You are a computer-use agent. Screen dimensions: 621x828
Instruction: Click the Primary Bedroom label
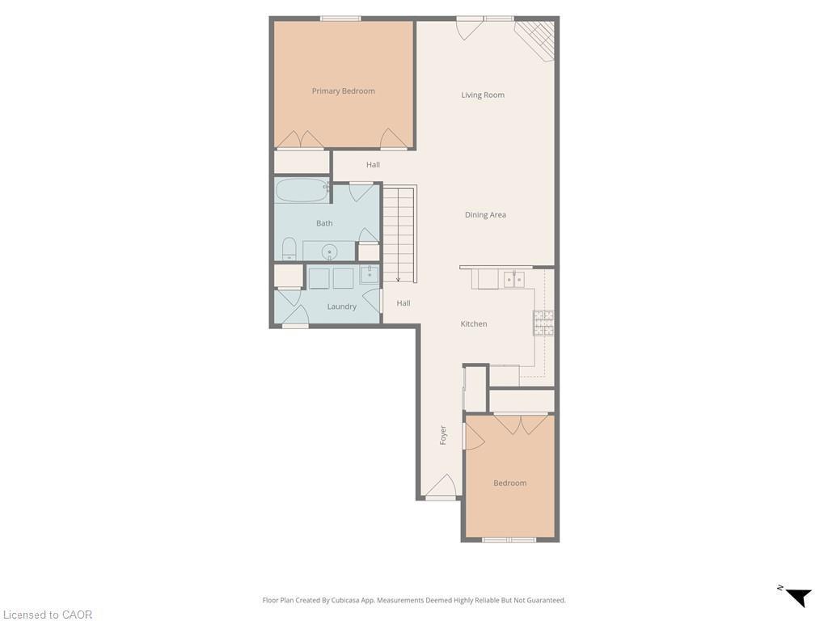pos(343,91)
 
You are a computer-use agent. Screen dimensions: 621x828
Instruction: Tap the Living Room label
pos(483,95)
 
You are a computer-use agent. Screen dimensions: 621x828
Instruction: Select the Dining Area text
pos(485,215)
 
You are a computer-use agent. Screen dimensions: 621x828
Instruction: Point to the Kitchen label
pos(474,324)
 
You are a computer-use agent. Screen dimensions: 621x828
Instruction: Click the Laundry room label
pos(341,307)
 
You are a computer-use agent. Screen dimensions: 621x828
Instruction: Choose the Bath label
pos(324,224)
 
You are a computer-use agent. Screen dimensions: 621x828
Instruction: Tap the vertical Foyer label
pos(443,435)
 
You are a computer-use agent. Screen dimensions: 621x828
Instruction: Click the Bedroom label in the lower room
pos(509,484)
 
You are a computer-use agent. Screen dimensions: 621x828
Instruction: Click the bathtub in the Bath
pos(301,191)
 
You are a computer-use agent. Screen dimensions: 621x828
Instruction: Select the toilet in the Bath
pos(289,248)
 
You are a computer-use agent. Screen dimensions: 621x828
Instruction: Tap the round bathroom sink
pos(329,252)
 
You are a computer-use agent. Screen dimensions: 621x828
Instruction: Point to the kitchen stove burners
pos(543,323)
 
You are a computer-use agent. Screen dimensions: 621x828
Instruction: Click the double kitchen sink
pos(513,280)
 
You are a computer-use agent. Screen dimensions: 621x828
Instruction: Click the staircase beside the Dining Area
pos(398,234)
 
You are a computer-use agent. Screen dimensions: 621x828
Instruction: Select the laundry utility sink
pos(369,275)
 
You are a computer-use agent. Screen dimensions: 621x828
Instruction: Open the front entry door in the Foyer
pos(441,488)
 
